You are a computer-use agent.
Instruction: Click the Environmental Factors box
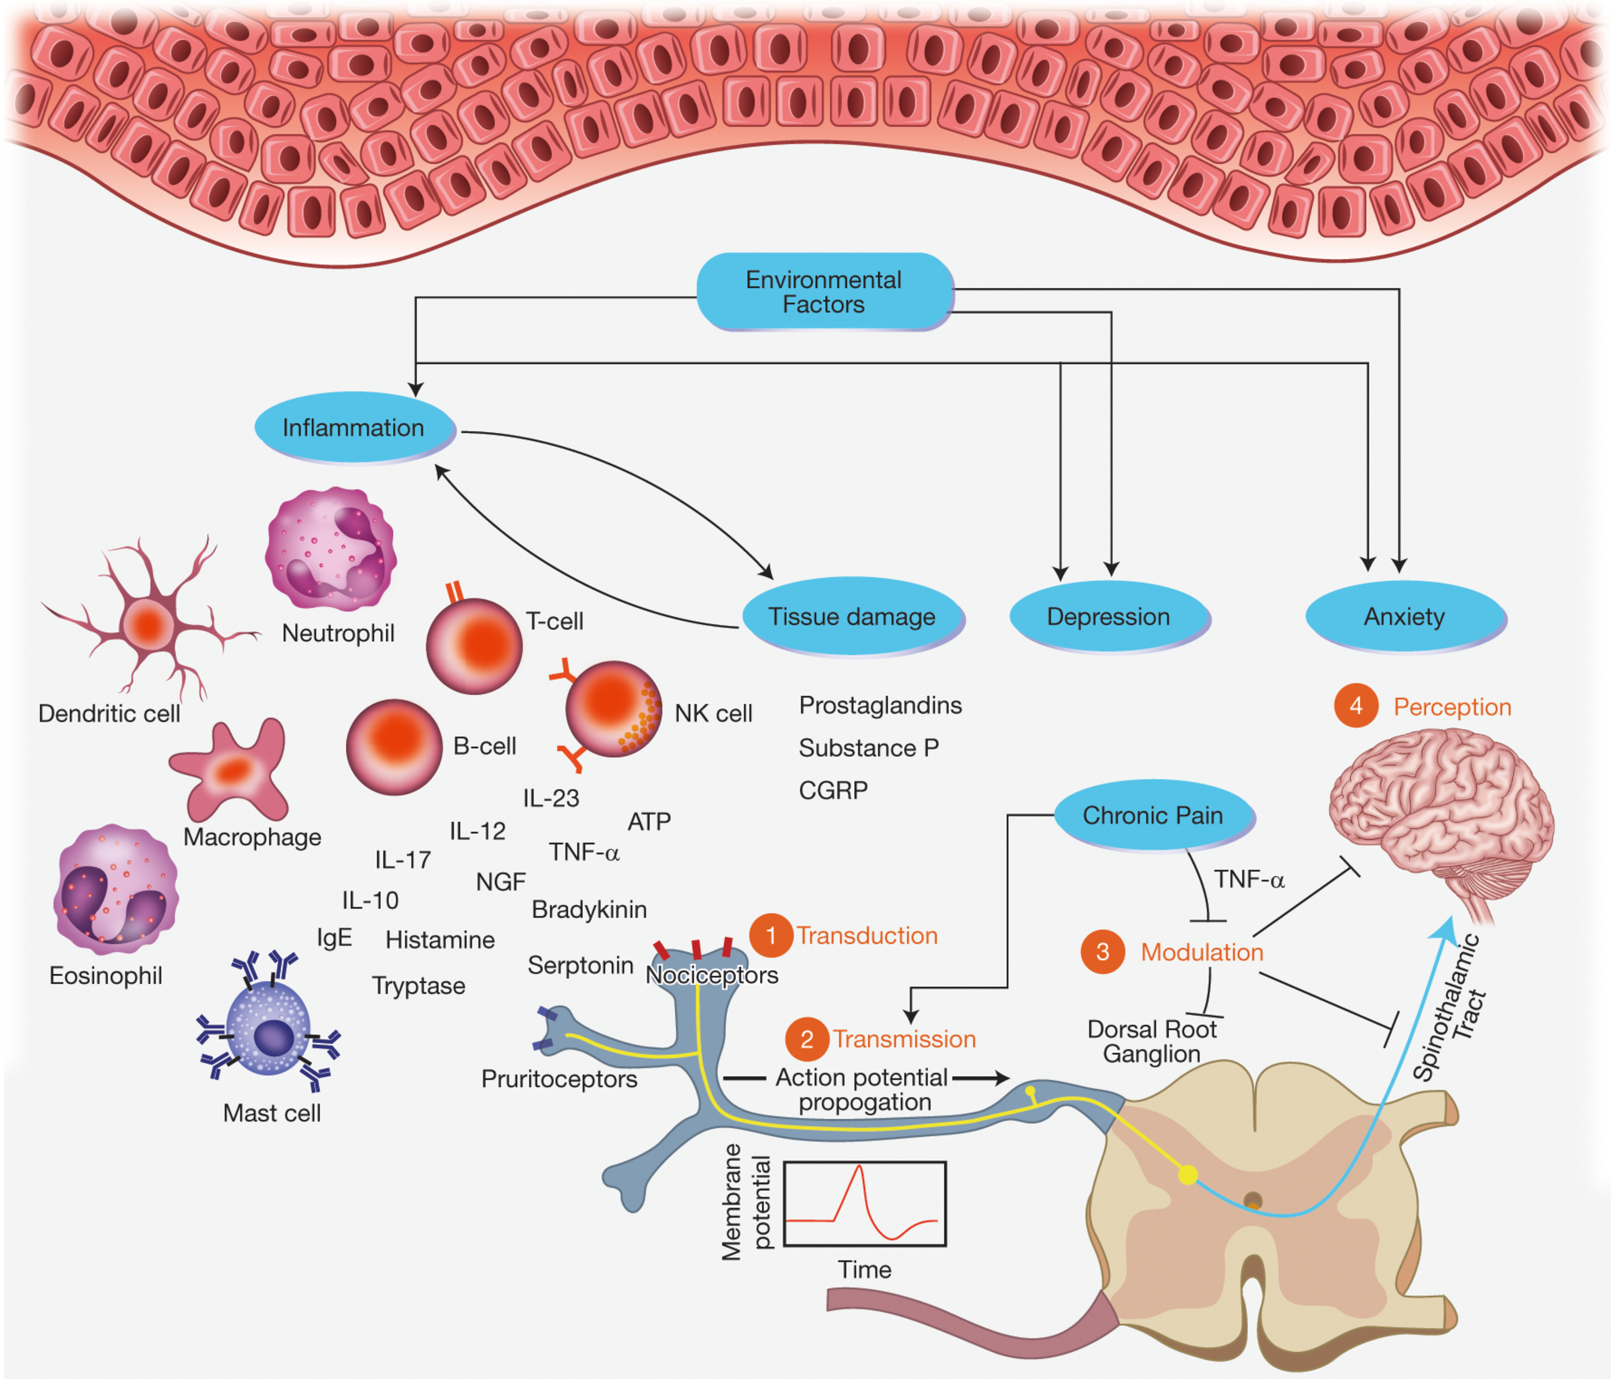coord(824,291)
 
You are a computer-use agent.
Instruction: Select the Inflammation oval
coord(354,428)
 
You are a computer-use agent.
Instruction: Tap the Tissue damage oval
coord(852,616)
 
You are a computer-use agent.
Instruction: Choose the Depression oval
coord(1108,616)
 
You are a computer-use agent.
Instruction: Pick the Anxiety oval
coord(1404,616)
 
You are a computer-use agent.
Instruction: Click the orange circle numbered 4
coord(1356,706)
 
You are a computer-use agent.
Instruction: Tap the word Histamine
coord(440,940)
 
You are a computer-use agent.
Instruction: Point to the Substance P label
coord(868,748)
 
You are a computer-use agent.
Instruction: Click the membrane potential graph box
coord(864,1203)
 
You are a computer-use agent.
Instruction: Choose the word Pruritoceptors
coord(559,1079)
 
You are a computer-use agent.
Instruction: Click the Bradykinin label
coord(589,909)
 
